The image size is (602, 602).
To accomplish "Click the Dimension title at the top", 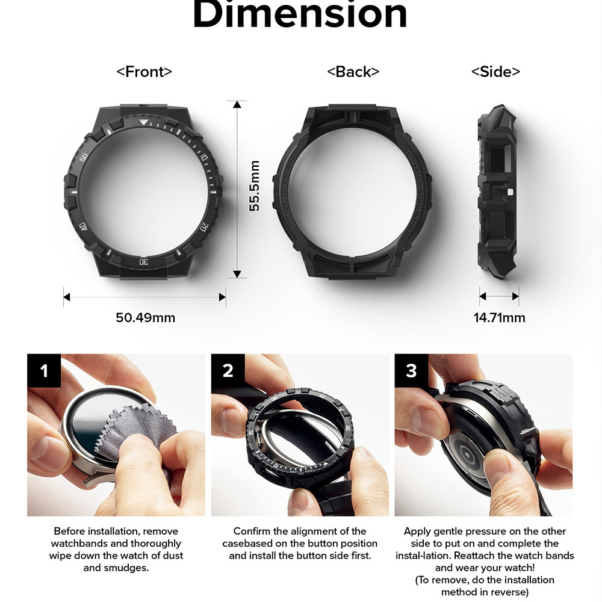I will (299, 15).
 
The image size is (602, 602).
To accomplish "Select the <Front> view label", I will (144, 72).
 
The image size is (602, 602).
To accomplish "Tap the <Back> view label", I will (353, 72).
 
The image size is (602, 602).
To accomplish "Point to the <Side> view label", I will (495, 72).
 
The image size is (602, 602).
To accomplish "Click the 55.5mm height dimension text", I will (255, 185).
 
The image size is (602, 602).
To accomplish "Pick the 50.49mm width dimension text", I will (145, 317).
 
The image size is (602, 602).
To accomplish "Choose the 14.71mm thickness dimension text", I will (499, 317).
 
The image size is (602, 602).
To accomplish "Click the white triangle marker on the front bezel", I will (142, 123).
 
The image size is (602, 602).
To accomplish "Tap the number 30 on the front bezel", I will (143, 261).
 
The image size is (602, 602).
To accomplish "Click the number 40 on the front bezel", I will (83, 226).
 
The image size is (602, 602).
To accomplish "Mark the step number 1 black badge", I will (43, 370).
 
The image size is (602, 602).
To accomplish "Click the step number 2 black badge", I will (228, 370).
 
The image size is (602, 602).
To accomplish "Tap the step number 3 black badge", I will (411, 370).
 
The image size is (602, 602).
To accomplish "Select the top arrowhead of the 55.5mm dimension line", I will (237, 105).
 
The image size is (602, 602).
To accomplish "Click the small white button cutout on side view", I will (510, 193).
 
